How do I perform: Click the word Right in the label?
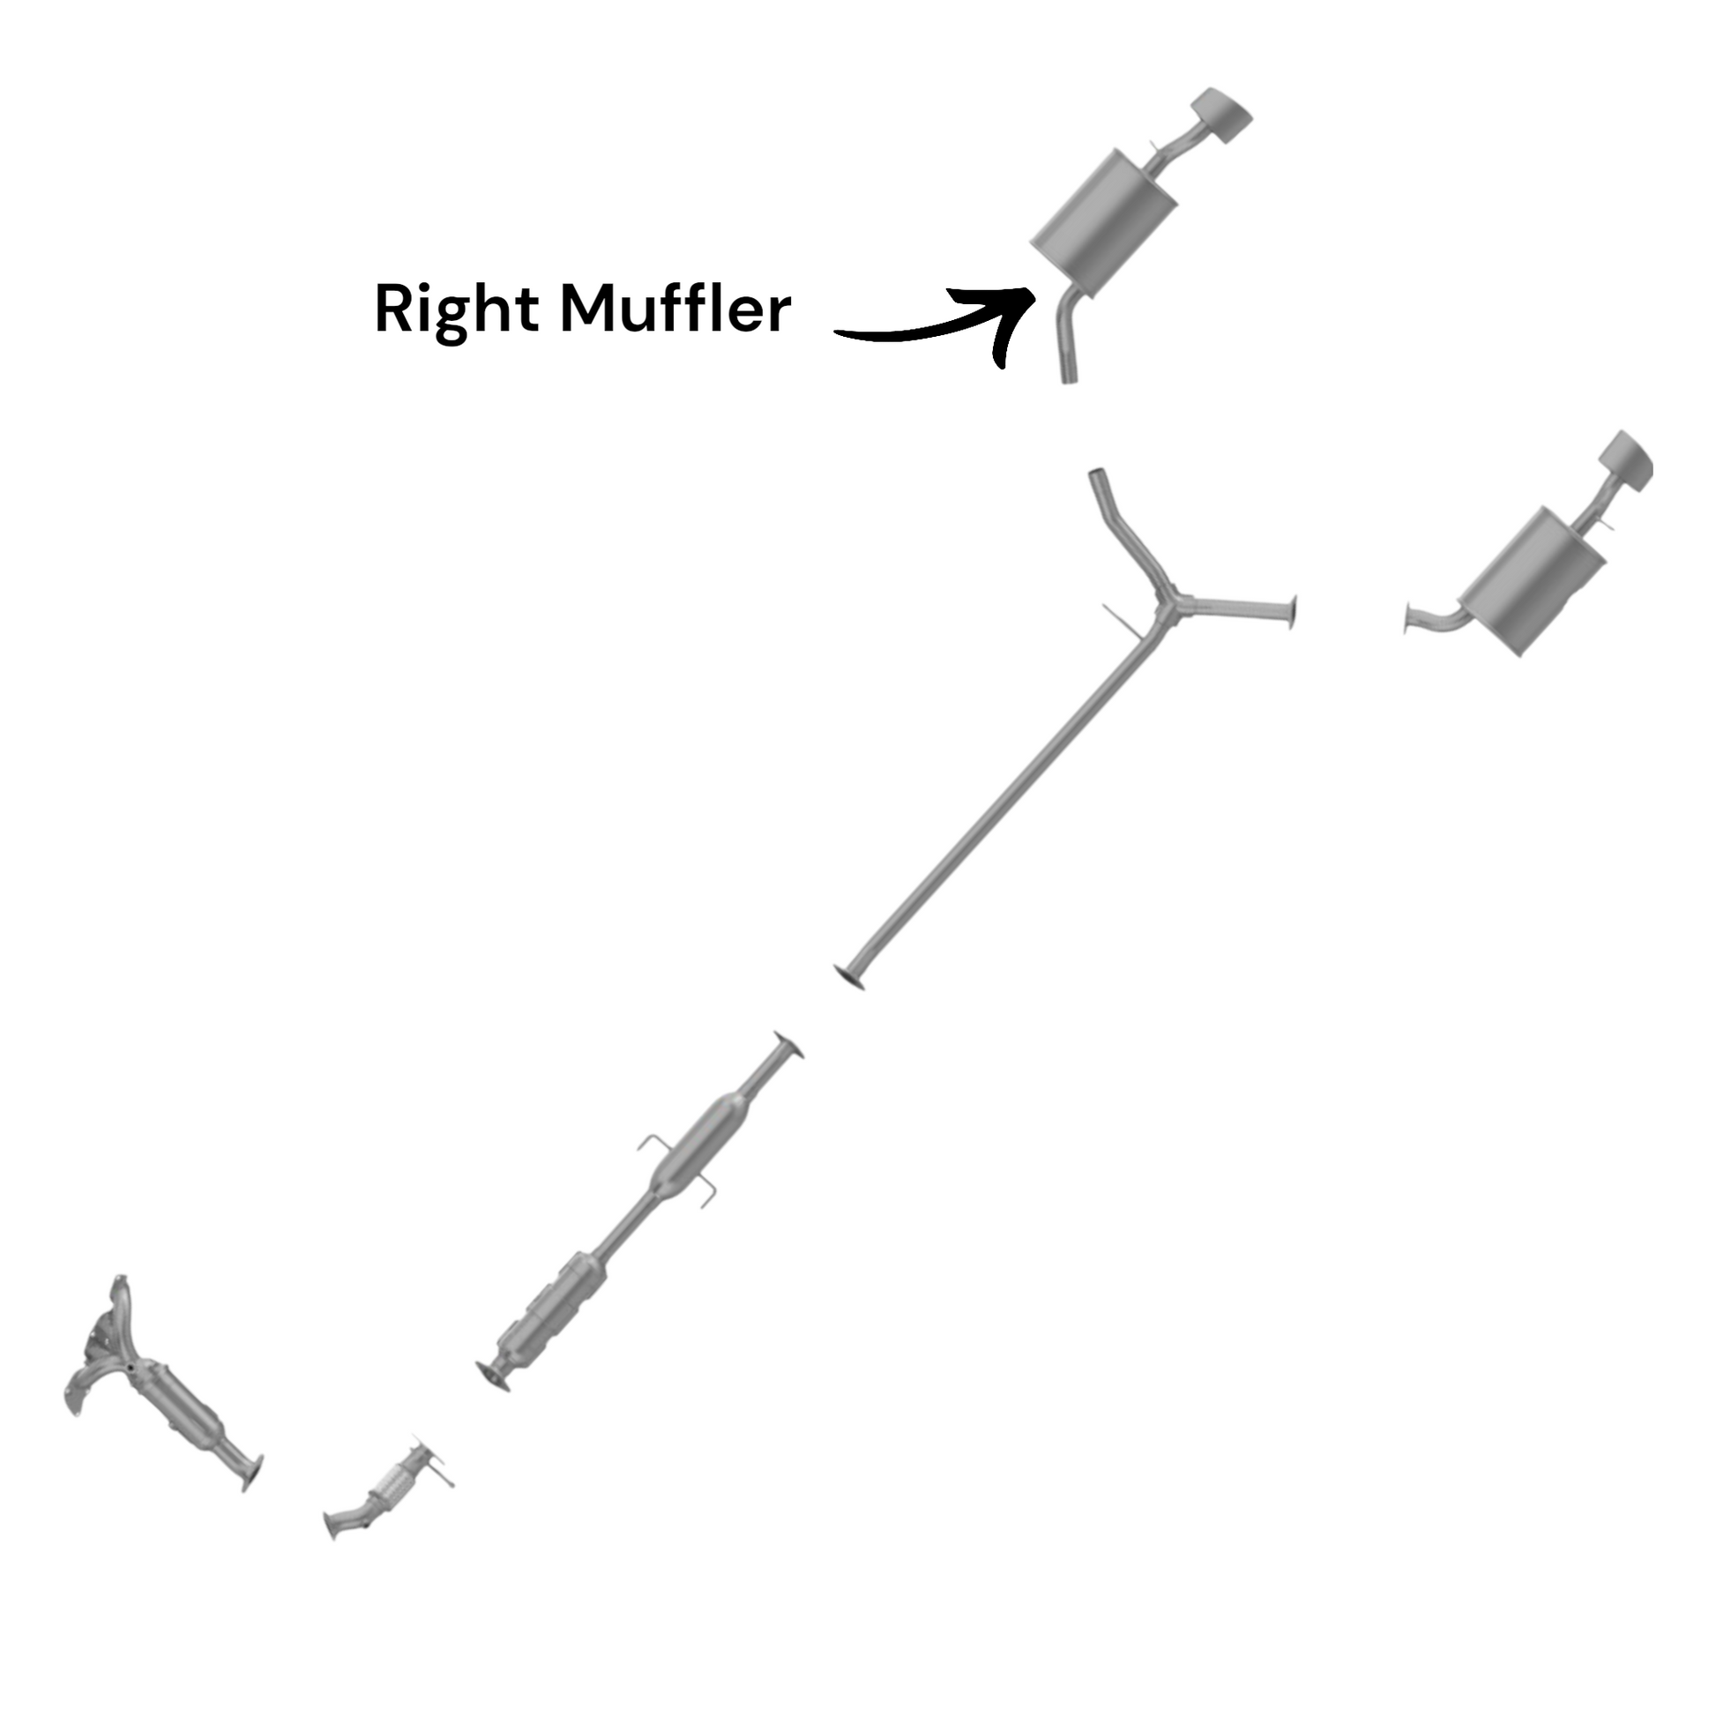pos(457,311)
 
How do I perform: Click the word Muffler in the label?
pos(675,309)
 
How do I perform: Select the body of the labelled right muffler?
pos(1104,216)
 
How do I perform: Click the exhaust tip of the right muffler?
pos(1221,116)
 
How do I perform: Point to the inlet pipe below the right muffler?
pos(1067,337)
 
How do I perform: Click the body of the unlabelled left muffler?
pos(1533,581)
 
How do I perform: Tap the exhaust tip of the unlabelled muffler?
pos(1626,460)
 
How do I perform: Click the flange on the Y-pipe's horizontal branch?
pos(1293,613)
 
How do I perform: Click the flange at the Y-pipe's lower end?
pos(850,977)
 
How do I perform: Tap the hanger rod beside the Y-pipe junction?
pos(1122,621)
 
